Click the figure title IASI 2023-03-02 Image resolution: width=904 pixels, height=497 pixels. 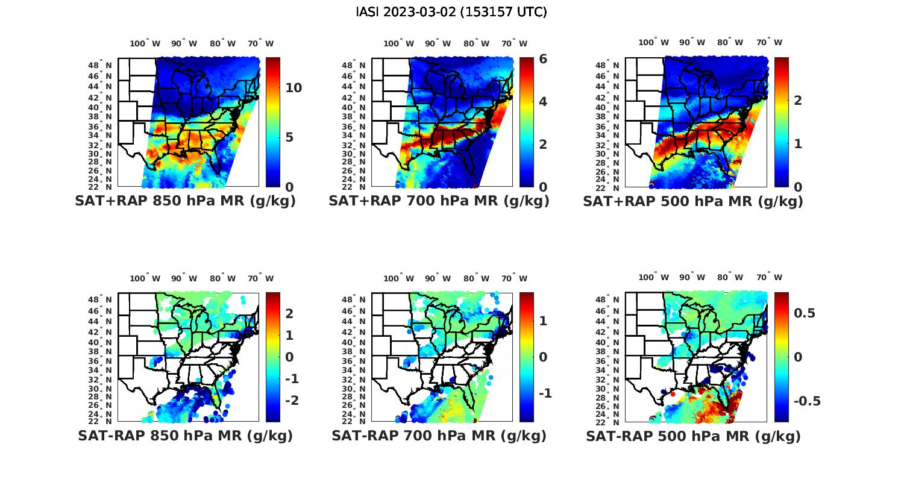[x=451, y=12]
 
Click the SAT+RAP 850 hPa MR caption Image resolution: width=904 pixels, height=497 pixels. [x=185, y=201]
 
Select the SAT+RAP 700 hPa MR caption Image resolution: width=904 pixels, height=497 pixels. [x=439, y=201]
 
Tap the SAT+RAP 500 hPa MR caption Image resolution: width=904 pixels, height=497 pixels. [x=693, y=201]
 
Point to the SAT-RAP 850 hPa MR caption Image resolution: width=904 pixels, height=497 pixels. [x=185, y=436]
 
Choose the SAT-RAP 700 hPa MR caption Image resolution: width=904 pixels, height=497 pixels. [x=439, y=436]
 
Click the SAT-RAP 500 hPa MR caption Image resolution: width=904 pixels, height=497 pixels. [x=693, y=436]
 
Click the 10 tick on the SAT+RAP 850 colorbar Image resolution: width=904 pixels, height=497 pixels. [x=293, y=88]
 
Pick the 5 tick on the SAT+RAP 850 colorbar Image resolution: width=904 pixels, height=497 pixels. [x=289, y=137]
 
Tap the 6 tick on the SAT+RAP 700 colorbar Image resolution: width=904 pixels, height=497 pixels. [x=543, y=59]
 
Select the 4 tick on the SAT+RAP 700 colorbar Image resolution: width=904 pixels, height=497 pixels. [x=543, y=101]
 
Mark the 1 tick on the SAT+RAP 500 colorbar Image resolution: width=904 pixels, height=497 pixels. [x=798, y=144]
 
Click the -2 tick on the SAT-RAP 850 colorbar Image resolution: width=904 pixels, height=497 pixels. [x=291, y=401]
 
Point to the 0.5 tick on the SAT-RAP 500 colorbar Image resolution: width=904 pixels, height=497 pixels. [x=805, y=313]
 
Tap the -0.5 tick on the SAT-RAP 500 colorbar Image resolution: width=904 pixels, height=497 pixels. [x=807, y=401]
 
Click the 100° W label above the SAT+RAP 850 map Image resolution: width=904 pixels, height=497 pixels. [x=145, y=43]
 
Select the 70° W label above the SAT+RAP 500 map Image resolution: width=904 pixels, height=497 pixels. [x=769, y=43]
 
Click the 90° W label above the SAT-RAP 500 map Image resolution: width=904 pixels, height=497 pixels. [x=692, y=278]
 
